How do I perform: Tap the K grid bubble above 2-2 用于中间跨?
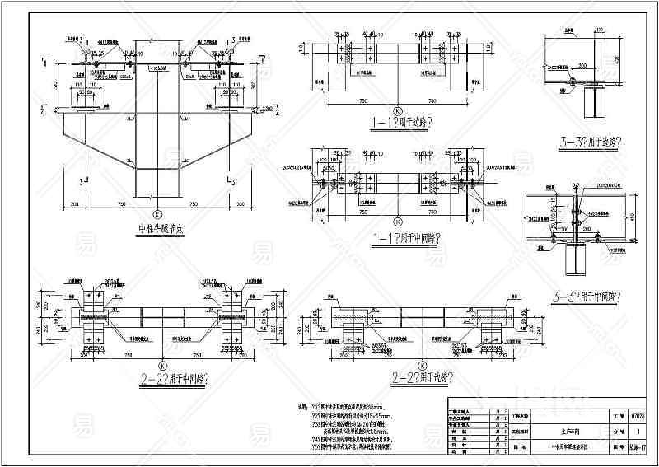pos(162,364)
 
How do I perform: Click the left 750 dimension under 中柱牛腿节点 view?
pos(121,204)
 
